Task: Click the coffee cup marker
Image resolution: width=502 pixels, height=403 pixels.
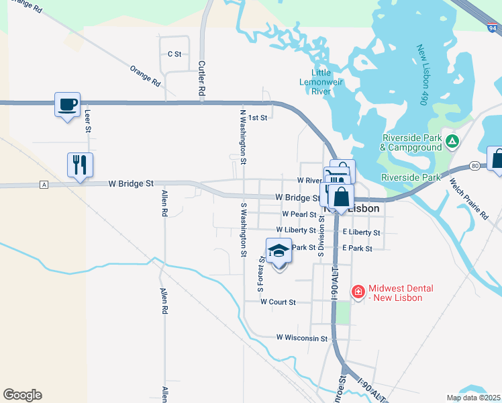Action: (x=67, y=105)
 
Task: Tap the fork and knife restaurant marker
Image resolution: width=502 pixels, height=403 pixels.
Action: (x=80, y=165)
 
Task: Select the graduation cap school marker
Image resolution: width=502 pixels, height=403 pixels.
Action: (x=279, y=252)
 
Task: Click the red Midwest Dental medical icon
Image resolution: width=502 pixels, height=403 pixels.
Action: (x=358, y=292)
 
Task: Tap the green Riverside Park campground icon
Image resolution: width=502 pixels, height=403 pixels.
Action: (x=453, y=141)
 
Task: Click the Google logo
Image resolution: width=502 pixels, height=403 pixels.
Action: (x=22, y=395)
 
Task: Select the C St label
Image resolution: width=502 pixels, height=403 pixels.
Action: (x=174, y=53)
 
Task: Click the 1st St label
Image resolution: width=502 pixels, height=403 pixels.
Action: (x=258, y=118)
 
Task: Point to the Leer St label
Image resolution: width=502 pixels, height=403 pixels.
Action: (x=87, y=121)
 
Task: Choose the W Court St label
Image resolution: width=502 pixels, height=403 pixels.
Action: (x=278, y=302)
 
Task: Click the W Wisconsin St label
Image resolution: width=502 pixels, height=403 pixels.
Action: (x=302, y=339)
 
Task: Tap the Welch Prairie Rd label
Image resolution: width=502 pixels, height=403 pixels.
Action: (x=469, y=197)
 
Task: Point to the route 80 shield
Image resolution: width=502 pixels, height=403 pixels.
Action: (x=475, y=165)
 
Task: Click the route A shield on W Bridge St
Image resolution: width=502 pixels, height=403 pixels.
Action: (x=44, y=184)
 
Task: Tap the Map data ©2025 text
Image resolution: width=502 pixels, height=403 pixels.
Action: (x=472, y=398)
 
